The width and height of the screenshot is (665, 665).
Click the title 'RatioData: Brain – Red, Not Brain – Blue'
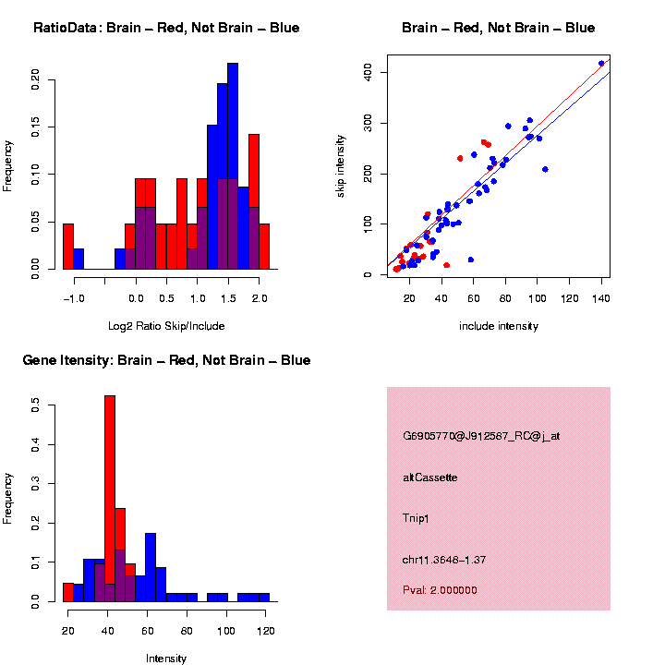tap(166, 28)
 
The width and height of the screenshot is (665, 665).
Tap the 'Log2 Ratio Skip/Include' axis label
tap(167, 326)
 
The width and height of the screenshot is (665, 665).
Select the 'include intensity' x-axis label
tap(499, 326)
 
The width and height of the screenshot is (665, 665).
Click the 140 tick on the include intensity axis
tap(601, 298)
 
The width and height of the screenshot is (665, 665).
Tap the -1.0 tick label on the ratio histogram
tap(73, 298)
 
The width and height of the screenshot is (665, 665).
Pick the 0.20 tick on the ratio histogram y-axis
tap(35, 80)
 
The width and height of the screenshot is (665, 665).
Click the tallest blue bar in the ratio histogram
tap(233, 166)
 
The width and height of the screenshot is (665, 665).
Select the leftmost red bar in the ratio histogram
tap(67, 247)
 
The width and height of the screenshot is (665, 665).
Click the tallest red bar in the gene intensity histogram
tap(109, 499)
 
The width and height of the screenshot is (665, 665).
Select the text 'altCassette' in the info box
tap(430, 478)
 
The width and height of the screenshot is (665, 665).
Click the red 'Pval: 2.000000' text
tap(441, 589)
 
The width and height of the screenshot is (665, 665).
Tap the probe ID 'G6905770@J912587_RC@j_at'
tap(481, 436)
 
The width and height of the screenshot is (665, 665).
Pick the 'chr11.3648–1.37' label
tap(444, 560)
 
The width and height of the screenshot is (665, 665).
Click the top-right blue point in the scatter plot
tap(601, 64)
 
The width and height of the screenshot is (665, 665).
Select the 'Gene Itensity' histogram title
tap(166, 360)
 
